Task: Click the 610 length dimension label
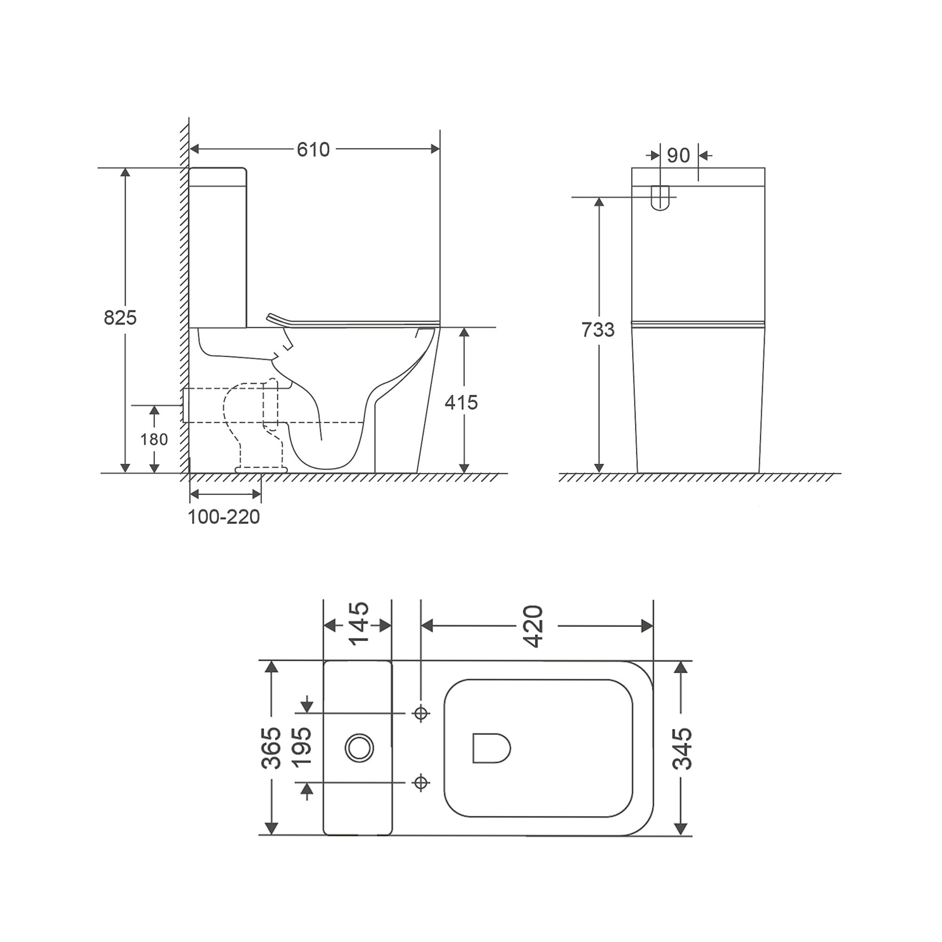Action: (313, 150)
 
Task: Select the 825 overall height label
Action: (120, 318)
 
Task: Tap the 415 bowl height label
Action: (461, 403)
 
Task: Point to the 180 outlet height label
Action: (154, 440)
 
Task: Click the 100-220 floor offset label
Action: (224, 517)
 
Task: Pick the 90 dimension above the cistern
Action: (678, 155)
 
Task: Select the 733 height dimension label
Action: (598, 330)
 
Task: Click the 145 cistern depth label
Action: (359, 624)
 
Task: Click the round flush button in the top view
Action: (360, 748)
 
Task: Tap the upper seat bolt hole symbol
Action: (421, 713)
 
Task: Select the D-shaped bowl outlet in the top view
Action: (490, 748)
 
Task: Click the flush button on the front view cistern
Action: (660, 197)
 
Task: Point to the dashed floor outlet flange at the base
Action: (261, 469)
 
